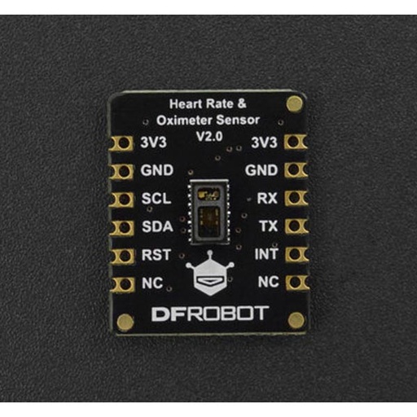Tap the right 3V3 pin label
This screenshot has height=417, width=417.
tap(265, 143)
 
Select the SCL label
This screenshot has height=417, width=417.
tap(155, 199)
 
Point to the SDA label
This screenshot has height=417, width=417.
tap(155, 226)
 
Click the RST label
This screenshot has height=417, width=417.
tap(155, 255)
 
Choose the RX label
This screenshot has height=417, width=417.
tap(268, 198)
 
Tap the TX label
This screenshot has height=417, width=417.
tap(268, 226)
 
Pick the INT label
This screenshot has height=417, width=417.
tap(267, 255)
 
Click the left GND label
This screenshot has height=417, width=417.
tap(155, 171)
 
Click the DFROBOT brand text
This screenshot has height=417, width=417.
tap(208, 313)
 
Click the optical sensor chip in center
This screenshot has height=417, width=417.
tap(209, 211)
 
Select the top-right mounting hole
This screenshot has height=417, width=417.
tap(294, 103)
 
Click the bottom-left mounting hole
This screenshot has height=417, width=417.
tap(125, 322)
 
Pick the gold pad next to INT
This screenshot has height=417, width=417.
tap(297, 255)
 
